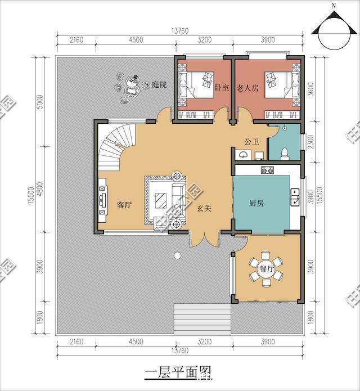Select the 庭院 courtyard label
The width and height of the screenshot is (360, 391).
click(x=159, y=85)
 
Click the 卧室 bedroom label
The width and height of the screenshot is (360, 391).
click(x=222, y=88)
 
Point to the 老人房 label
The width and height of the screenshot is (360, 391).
click(x=247, y=88)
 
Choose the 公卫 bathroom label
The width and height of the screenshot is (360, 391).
click(x=251, y=141)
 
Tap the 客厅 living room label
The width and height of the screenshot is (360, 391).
click(x=124, y=205)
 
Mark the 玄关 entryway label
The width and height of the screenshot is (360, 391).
click(x=204, y=208)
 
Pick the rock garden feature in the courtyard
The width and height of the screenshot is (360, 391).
click(x=128, y=87)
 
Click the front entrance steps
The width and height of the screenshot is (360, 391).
click(x=202, y=320)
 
